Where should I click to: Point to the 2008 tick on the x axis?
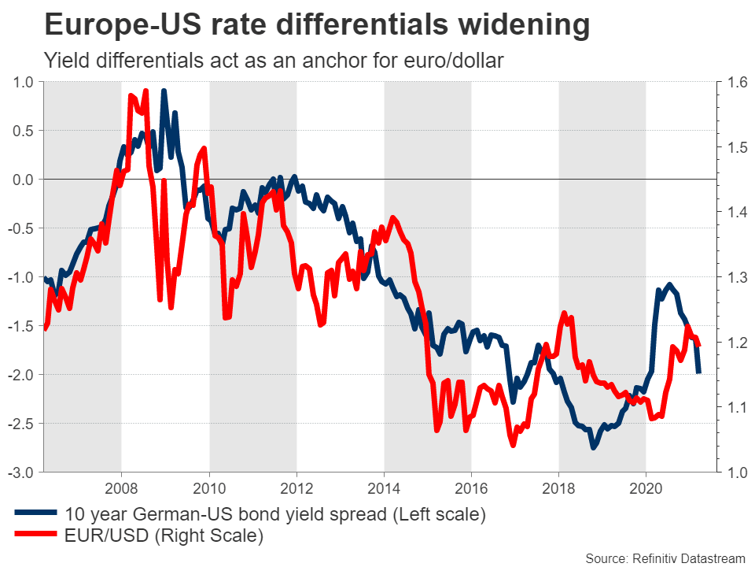point(121,487)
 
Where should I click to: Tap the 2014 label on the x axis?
point(383,487)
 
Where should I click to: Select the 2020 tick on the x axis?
point(645,487)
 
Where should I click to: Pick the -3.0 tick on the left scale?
point(22,472)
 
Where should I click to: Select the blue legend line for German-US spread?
point(35,515)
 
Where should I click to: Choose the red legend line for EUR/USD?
point(35,536)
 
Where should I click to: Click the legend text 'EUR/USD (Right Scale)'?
point(163,536)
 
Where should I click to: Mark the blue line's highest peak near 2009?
point(164,91)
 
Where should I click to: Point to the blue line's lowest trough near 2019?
point(594,447)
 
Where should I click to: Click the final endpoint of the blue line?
point(698,372)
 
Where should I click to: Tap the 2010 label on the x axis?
point(208,487)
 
